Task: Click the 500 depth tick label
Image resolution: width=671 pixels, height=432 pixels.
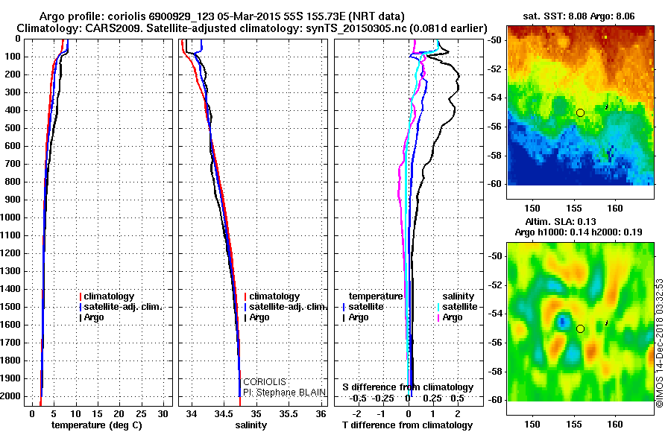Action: point(14,128)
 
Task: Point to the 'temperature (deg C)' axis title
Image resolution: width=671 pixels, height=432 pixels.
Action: point(96,425)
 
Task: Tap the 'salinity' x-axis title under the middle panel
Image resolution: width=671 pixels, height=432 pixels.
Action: point(251,425)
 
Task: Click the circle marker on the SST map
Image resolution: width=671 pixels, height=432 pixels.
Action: point(580,112)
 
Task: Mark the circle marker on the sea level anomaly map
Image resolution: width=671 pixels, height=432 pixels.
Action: point(580,328)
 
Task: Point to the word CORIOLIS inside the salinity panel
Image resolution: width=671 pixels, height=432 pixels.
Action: point(265,382)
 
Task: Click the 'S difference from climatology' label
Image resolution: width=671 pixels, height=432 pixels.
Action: point(408,387)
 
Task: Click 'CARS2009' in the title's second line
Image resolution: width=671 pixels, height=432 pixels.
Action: point(96,28)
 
